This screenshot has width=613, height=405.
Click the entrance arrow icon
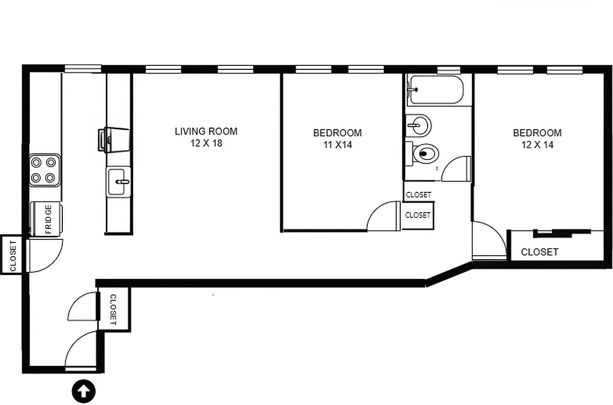84,391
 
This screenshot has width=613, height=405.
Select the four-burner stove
43,170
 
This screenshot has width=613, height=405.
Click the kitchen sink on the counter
119,181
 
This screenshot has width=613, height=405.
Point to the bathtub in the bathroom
435,90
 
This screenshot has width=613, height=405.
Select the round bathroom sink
419,124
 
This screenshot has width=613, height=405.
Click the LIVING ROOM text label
206,132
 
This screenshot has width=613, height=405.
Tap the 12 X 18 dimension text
206,143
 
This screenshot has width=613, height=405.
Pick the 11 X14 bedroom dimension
337,145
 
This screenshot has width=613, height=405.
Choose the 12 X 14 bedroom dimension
537,145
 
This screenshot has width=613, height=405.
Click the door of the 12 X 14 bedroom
487,240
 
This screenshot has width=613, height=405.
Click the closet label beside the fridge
13,255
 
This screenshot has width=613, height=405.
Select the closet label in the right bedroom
540,252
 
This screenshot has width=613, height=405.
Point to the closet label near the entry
113,309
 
